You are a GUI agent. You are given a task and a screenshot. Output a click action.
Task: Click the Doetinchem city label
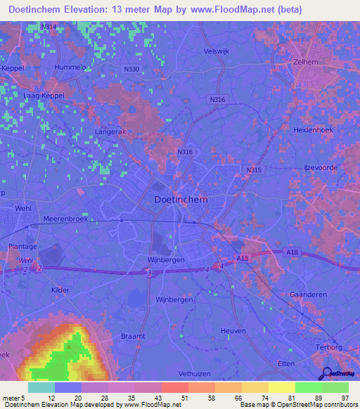coord(180,200)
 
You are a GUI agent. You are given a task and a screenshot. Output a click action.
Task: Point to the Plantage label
coord(23,247)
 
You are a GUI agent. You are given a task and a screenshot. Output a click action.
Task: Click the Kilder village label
coord(62,289)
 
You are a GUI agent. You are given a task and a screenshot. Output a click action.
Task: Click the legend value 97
coord(344,398)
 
